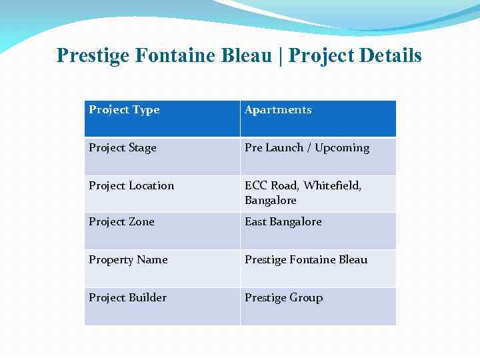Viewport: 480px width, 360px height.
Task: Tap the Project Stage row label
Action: tap(123, 148)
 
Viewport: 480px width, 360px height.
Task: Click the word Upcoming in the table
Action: tap(342, 148)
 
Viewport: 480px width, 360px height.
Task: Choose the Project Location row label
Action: tap(131, 186)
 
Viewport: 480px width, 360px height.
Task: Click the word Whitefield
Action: tap(332, 186)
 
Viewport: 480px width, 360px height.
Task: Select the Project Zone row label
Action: tap(121, 222)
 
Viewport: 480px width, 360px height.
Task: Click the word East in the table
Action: tap(256, 222)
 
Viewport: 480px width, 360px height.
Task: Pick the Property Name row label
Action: tap(128, 260)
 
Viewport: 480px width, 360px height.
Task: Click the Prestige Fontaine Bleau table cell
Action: tap(306, 260)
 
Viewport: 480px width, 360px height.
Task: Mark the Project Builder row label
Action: tap(127, 298)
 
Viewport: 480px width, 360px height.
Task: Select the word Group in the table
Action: tap(306, 298)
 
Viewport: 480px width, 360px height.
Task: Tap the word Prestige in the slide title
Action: tap(93, 55)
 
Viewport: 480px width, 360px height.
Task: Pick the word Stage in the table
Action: tap(141, 148)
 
